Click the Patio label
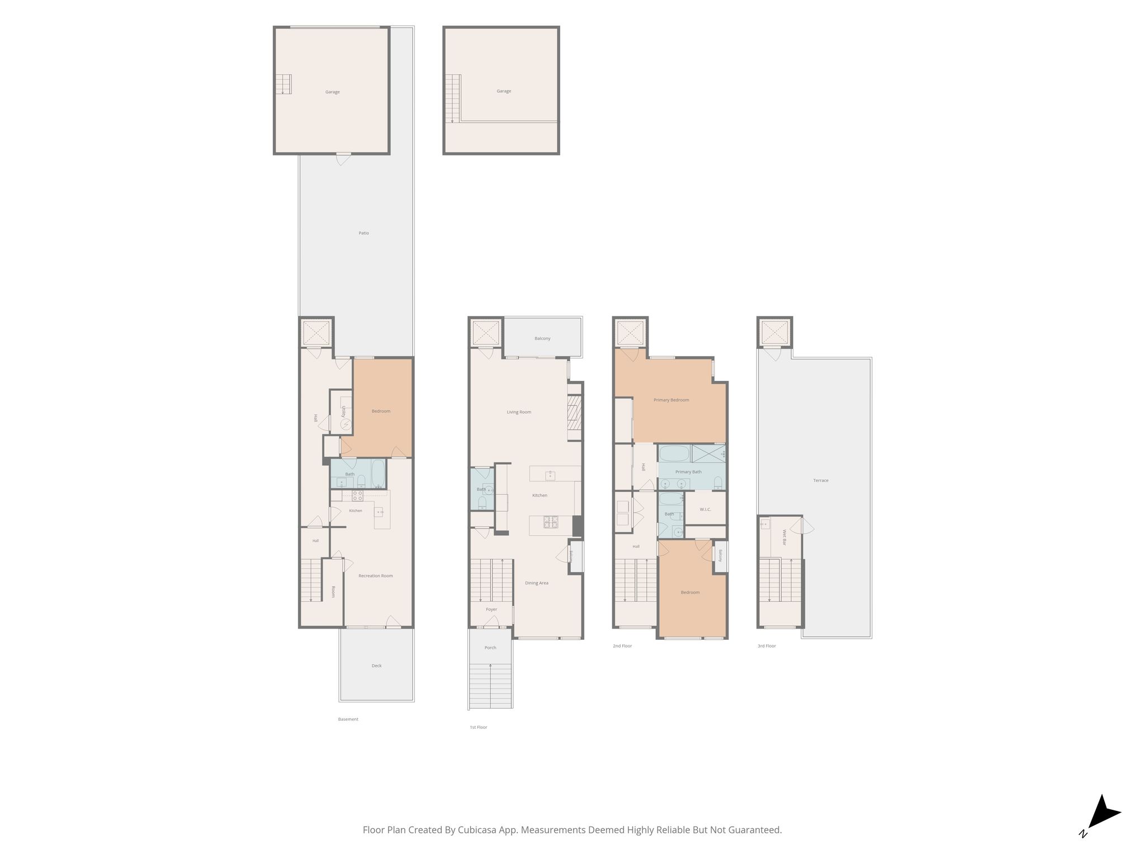coord(364,233)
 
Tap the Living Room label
coord(519,412)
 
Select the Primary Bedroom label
coord(671,400)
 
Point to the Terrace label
coord(821,480)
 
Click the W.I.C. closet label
coord(706,509)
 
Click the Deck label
coord(377,666)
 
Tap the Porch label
coord(490,648)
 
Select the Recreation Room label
coord(376,575)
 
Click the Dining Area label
coord(537,583)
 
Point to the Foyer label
coord(491,610)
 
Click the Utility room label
coord(343,412)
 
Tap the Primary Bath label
coord(688,472)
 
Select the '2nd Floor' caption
coord(622,646)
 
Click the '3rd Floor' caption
coord(767,646)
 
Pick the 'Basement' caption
coord(348,719)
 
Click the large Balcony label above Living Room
coord(542,338)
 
